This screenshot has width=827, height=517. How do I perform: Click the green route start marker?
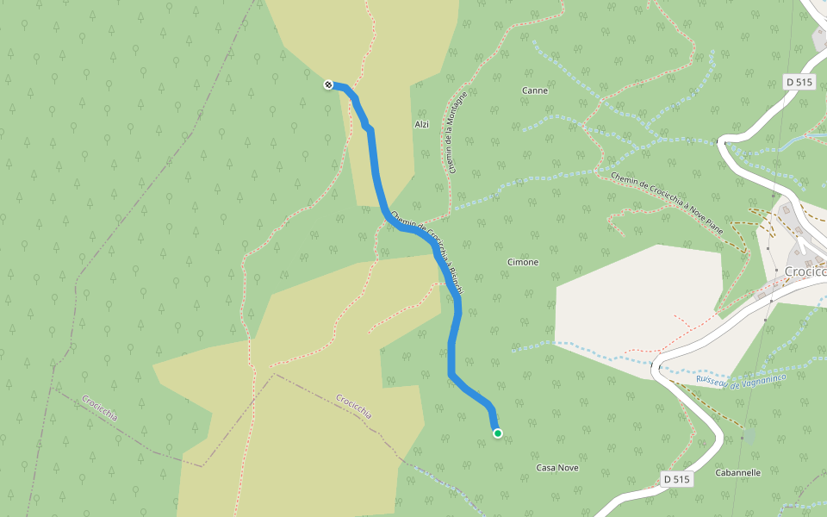coord(498,433)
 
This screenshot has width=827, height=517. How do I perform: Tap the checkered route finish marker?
coord(328,84)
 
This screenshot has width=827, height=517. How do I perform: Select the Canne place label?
coord(535,90)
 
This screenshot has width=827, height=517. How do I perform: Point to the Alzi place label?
coord(422,125)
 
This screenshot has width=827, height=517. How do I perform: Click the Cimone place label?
coord(523,262)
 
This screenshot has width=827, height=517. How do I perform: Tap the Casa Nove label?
coord(557,468)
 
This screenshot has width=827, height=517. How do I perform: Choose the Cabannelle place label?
coord(738,473)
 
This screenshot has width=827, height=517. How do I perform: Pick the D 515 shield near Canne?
coord(799,82)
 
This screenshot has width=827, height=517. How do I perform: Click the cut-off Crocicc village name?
coord(805,272)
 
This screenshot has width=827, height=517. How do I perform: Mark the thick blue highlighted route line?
coord(375,172)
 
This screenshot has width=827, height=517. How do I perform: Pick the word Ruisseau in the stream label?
coord(713,380)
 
